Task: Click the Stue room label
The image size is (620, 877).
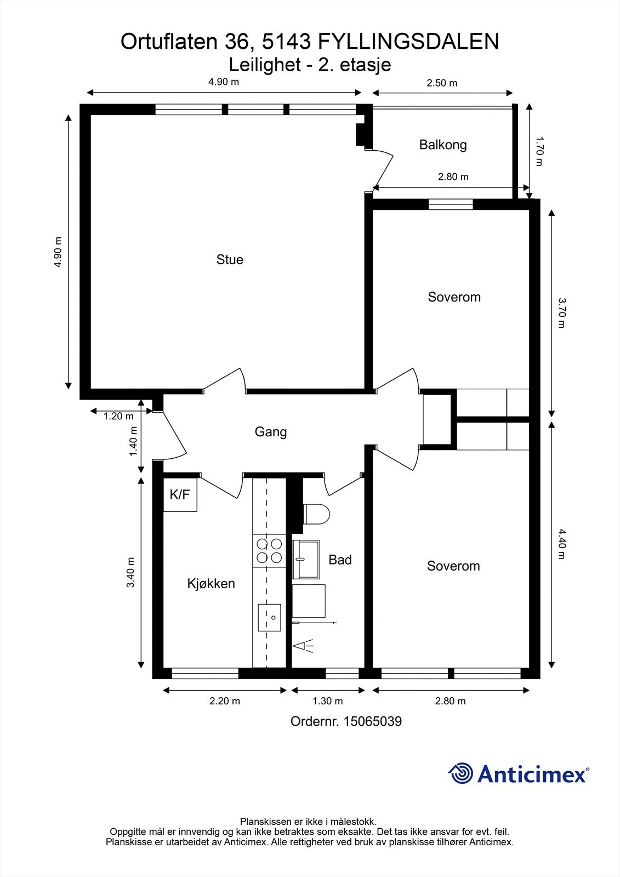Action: pyautogui.click(x=230, y=260)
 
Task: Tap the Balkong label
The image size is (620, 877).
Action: pyautogui.click(x=443, y=145)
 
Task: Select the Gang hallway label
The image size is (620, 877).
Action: pyautogui.click(x=271, y=432)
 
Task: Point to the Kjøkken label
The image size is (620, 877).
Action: pyautogui.click(x=211, y=584)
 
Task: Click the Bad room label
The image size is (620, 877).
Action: pyautogui.click(x=340, y=560)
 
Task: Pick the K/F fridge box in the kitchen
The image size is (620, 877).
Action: pyautogui.click(x=180, y=495)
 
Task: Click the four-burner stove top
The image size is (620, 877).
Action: pyautogui.click(x=269, y=551)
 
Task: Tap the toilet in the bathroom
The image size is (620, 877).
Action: pyautogui.click(x=316, y=514)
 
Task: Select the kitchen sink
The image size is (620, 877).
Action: pyautogui.click(x=270, y=617)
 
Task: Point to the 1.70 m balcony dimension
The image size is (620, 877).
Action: pyautogui.click(x=539, y=151)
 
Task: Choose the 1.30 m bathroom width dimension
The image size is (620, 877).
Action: pyautogui.click(x=327, y=701)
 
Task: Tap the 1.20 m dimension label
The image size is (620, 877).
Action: pyautogui.click(x=118, y=416)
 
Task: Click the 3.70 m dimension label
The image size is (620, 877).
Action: pyautogui.click(x=561, y=313)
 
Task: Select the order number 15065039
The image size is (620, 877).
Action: pyautogui.click(x=373, y=721)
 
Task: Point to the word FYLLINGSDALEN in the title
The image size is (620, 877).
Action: pyautogui.click(x=408, y=42)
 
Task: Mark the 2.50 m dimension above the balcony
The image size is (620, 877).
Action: pyautogui.click(x=442, y=83)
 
